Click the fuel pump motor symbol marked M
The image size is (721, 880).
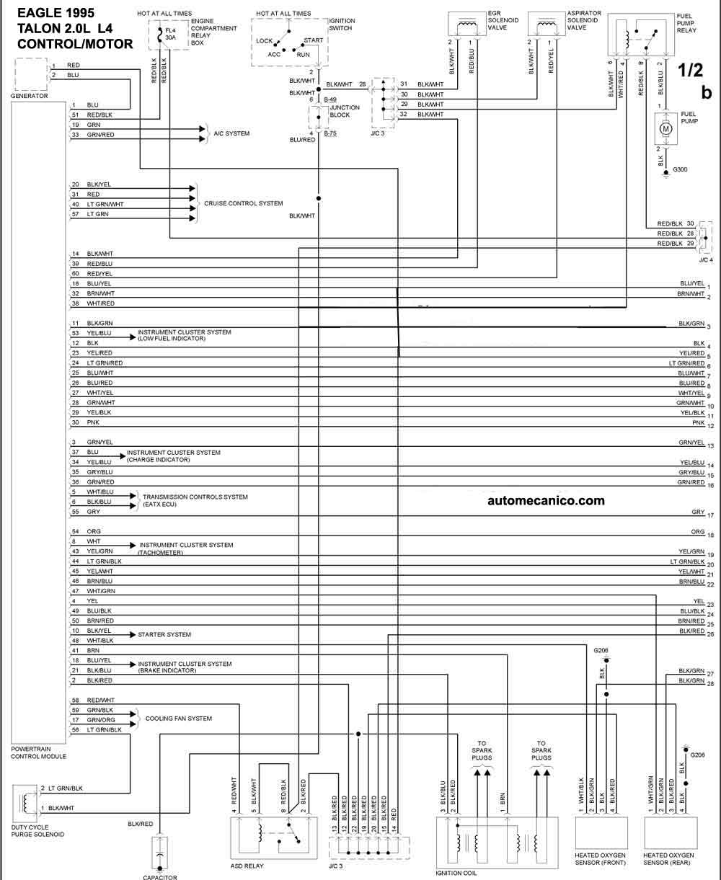click(x=666, y=128)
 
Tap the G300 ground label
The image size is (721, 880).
click(x=680, y=169)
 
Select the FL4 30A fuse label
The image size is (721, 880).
click(x=170, y=34)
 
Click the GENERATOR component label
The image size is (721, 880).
click(x=30, y=96)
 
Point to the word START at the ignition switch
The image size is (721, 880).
click(x=314, y=40)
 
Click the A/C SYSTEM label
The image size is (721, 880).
click(x=231, y=133)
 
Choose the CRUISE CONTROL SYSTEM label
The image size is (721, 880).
click(x=244, y=203)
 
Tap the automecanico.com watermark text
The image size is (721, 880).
click(x=546, y=500)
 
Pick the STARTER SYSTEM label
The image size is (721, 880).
click(x=164, y=634)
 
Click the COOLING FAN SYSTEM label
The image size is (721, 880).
click(x=179, y=718)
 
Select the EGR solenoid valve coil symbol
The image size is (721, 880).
click(x=467, y=26)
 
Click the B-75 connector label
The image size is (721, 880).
click(x=330, y=133)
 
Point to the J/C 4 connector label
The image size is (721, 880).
click(x=707, y=260)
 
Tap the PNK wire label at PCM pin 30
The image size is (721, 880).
click(x=93, y=422)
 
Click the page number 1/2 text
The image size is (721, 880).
click(x=691, y=70)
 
